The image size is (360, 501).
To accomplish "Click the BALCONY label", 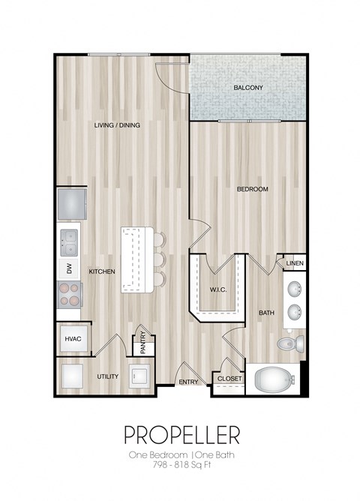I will tap(247, 88).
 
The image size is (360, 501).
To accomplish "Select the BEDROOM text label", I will tap(252, 189).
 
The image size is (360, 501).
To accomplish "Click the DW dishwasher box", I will tap(70, 268).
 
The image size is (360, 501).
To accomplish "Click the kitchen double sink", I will tap(70, 240).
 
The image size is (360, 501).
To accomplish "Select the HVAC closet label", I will tap(72, 339).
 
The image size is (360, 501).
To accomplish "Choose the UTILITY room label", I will tap(107, 376).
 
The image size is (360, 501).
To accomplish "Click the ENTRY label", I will tap(188, 382).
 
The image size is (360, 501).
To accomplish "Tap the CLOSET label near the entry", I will tap(229, 379).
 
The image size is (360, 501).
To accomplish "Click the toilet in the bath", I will tap(289, 344).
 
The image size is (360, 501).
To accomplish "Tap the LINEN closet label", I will tap(295, 263).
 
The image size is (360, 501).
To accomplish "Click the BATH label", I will tap(266, 312).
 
